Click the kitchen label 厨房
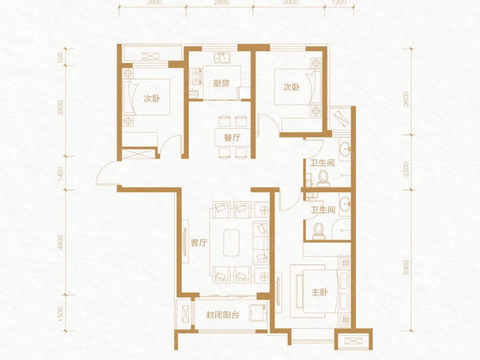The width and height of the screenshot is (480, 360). click(x=221, y=83)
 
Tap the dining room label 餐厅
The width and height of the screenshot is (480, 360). click(x=232, y=138)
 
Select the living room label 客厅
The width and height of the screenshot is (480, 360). click(x=199, y=243)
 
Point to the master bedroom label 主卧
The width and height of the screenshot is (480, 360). click(x=319, y=292)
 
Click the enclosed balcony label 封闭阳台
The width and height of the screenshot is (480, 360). click(x=222, y=315)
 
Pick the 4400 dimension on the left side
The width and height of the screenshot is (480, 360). click(x=61, y=242)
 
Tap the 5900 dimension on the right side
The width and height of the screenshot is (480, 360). click(x=406, y=267)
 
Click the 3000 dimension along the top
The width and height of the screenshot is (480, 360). click(x=291, y=3)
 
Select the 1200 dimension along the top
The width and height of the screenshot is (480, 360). click(x=339, y=3)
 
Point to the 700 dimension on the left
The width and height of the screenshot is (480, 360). click(x=61, y=57)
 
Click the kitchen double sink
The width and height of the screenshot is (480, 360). click(x=223, y=57)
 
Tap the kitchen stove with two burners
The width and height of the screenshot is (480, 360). click(x=196, y=77)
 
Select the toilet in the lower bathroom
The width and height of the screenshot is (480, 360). click(x=318, y=231)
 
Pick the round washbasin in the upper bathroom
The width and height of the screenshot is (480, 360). click(x=346, y=149)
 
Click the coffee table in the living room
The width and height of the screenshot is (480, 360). click(x=231, y=243)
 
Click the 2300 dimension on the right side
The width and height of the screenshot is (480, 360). click(x=406, y=169)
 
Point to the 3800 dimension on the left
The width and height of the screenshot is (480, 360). click(x=61, y=108)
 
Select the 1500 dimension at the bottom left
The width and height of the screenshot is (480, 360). click(x=61, y=313)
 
